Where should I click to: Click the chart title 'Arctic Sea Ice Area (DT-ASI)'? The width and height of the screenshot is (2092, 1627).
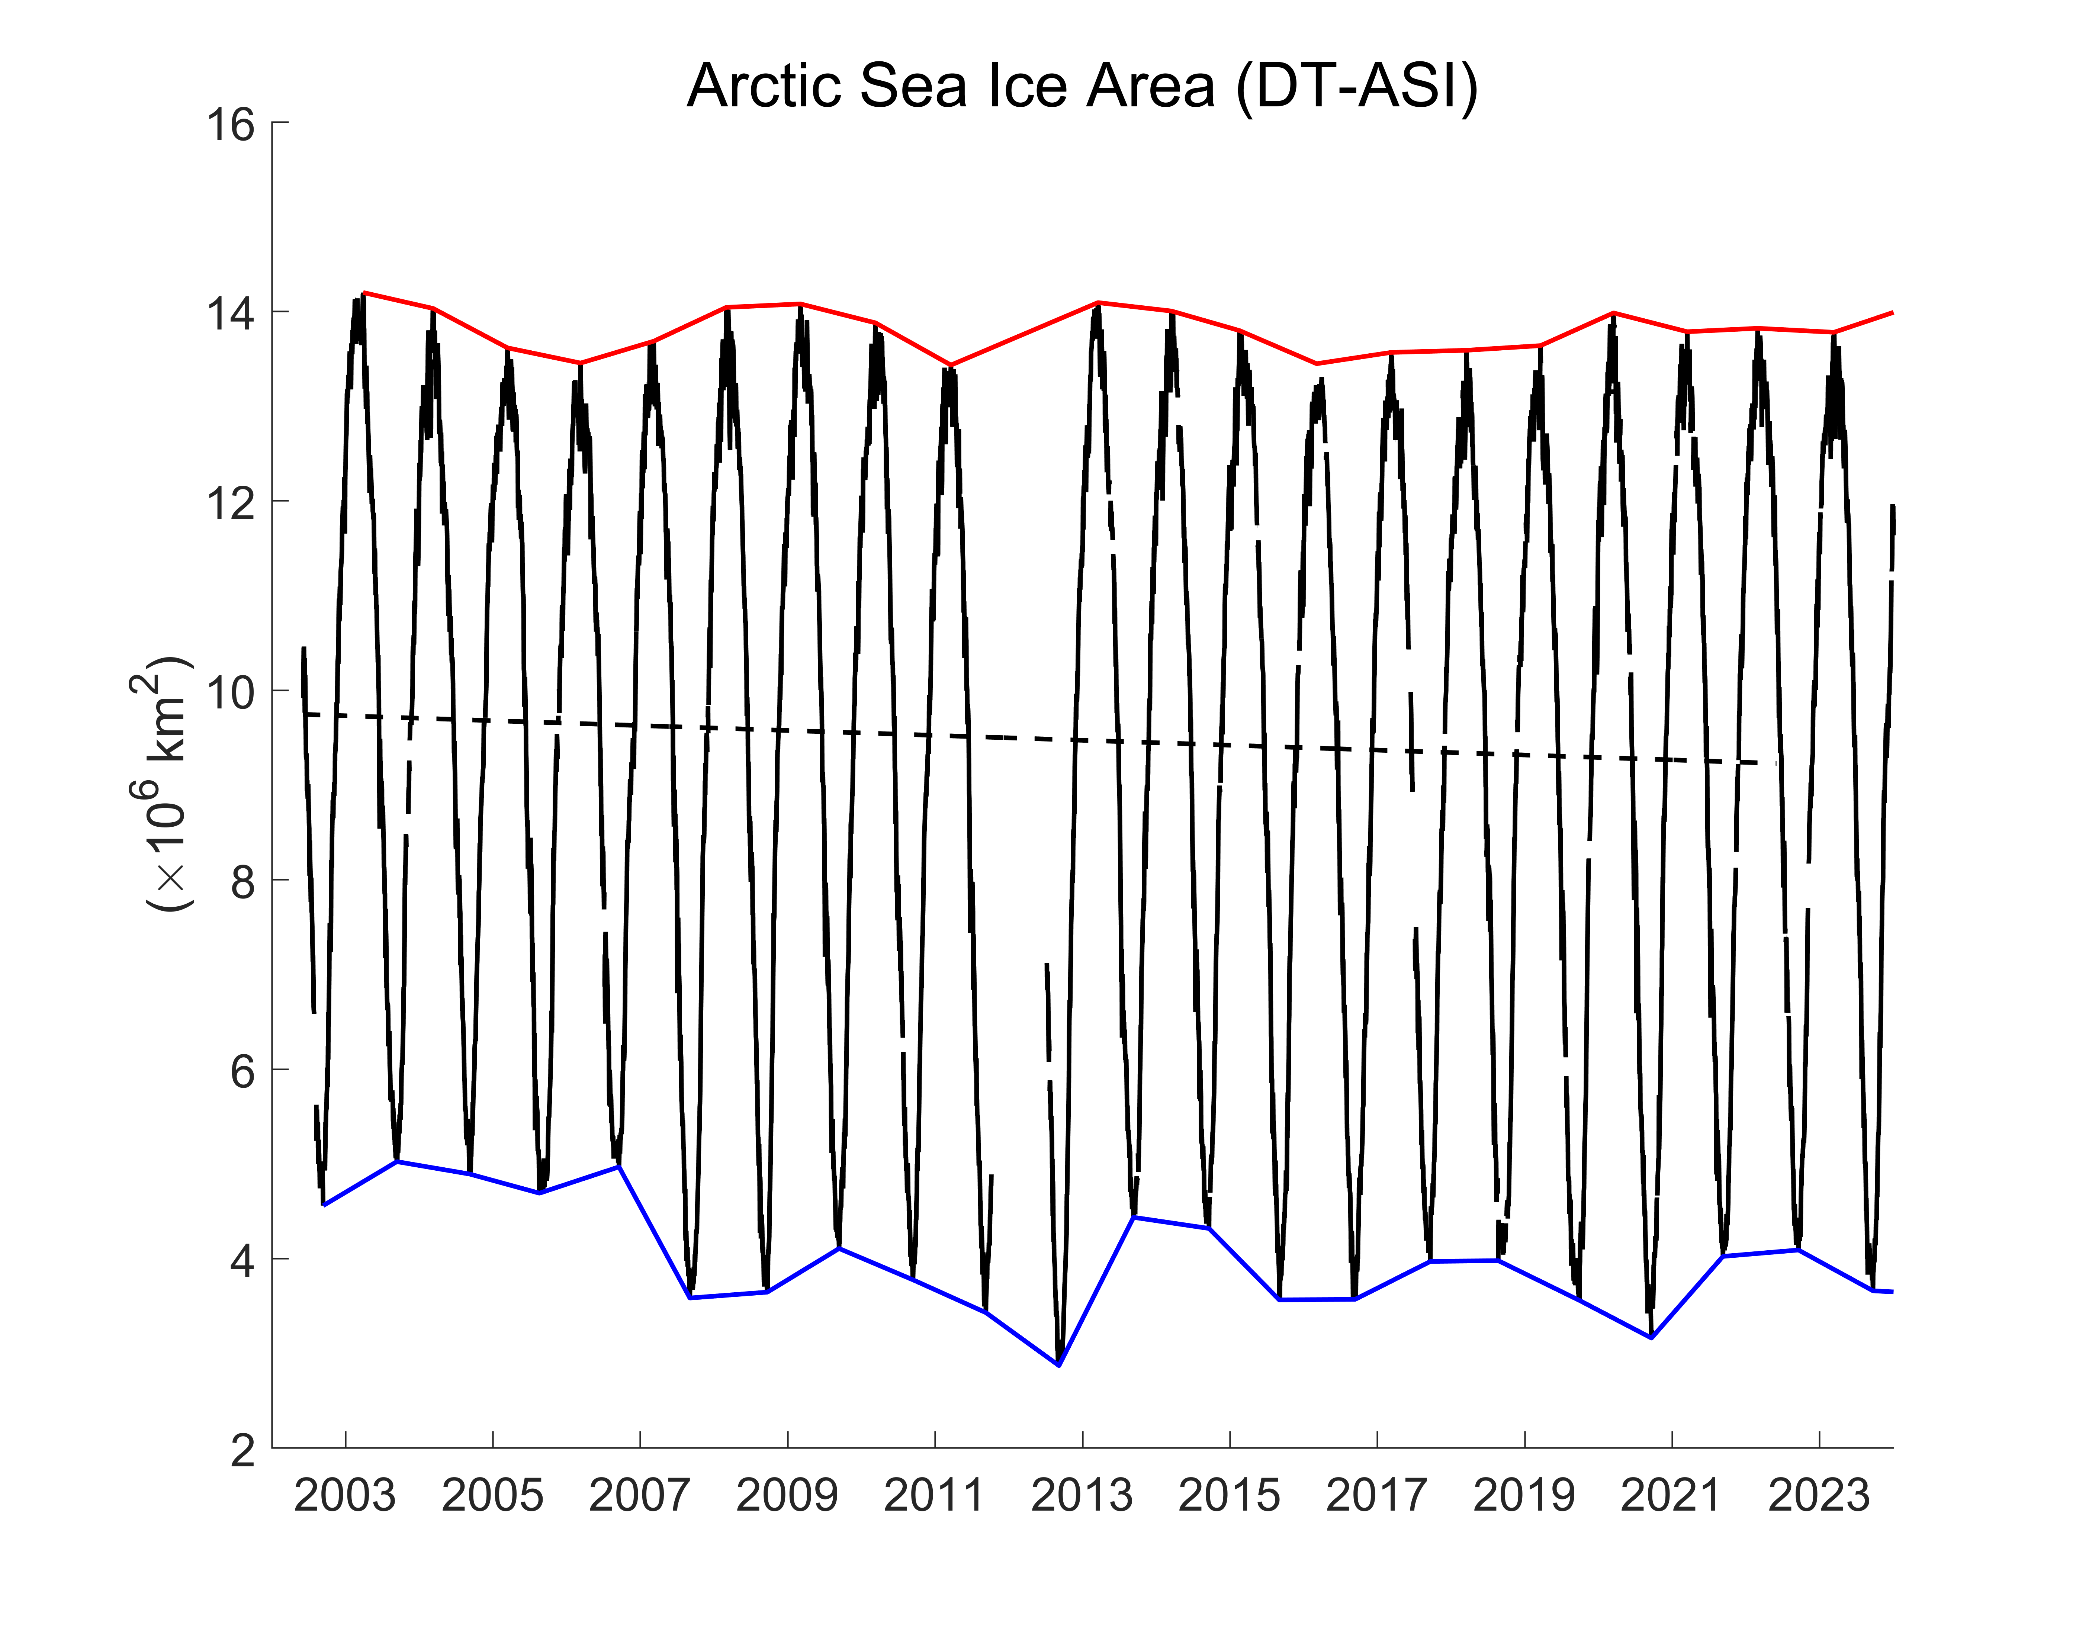coord(1082,86)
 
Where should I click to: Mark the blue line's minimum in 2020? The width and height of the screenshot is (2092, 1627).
coord(1651,1338)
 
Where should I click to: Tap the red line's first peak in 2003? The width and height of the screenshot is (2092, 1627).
coord(364,293)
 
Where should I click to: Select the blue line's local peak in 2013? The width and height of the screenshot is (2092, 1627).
coord(1134,1217)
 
